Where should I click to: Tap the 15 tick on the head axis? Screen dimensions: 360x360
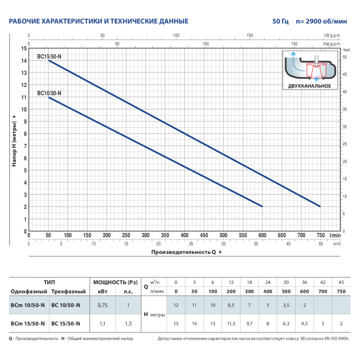24,48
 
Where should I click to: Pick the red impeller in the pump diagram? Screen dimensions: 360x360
316,70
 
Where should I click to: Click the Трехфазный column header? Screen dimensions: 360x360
66,292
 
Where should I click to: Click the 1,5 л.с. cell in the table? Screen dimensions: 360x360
128,323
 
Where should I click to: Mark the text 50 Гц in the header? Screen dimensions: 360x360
280,21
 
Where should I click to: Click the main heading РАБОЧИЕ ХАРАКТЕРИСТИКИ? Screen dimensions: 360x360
99,21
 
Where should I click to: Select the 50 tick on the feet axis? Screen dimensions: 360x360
344,57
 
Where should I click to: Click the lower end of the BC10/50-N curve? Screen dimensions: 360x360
262,206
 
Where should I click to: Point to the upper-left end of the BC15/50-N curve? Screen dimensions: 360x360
49,60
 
